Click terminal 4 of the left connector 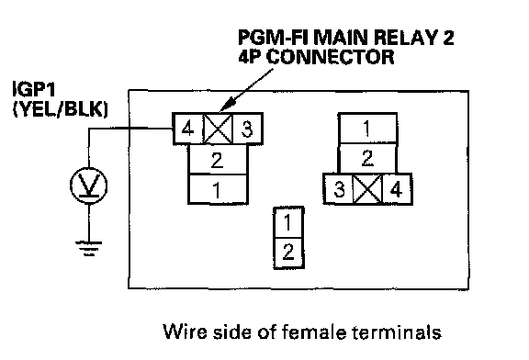(x=187, y=129)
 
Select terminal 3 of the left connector (x=247, y=129)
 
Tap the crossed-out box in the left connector (x=218, y=129)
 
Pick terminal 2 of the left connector (x=218, y=160)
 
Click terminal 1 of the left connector (x=218, y=189)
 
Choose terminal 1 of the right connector (x=367, y=129)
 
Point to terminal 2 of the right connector (x=367, y=158)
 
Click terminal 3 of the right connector (x=339, y=189)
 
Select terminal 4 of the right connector (x=397, y=189)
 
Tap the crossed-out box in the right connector (x=367, y=189)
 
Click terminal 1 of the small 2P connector (x=288, y=222)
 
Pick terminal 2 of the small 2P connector (x=288, y=253)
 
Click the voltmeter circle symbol (x=89, y=186)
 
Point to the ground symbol (x=89, y=248)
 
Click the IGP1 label (x=34, y=89)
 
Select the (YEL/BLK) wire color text (x=60, y=108)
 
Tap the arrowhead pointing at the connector (x=225, y=105)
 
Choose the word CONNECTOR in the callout (x=332, y=57)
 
